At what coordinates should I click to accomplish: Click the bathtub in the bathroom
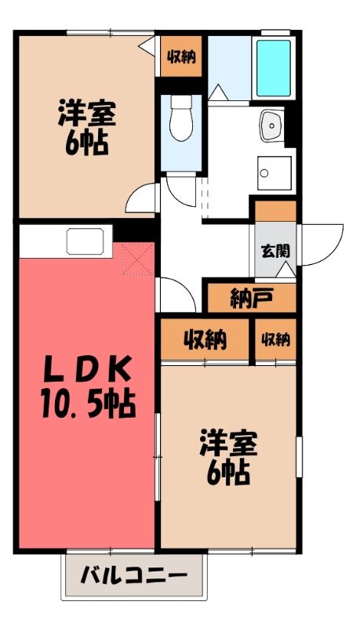[x=274, y=68]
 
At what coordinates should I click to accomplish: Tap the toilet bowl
[x=181, y=118]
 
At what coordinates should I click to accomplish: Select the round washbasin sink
[x=271, y=125]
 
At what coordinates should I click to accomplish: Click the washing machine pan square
[x=274, y=173]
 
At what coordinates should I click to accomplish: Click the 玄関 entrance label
[x=275, y=251]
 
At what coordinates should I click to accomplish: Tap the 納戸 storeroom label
[x=252, y=299]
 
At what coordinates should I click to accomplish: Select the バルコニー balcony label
[x=134, y=576]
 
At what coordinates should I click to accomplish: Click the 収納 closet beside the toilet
[x=181, y=56]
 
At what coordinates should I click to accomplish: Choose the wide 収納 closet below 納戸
[x=205, y=340]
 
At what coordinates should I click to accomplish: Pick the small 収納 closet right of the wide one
[x=275, y=340]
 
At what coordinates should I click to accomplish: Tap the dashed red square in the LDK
[x=137, y=259]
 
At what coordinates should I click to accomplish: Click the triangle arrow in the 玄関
[x=286, y=270]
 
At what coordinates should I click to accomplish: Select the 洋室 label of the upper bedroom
[x=87, y=114]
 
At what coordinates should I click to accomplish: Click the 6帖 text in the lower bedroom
[x=228, y=473]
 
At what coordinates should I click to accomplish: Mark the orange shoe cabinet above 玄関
[x=275, y=211]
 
